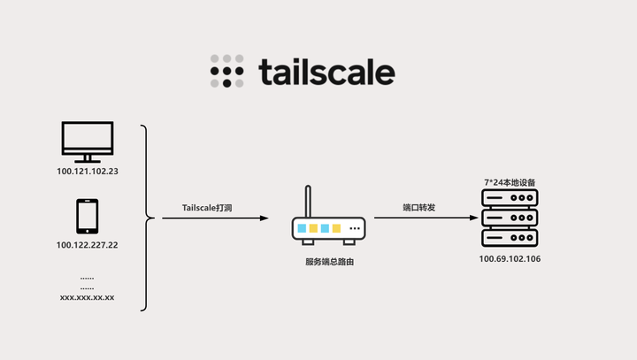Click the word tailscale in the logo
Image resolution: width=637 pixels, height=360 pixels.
click(x=327, y=72)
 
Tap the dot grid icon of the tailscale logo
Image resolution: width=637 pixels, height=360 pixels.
click(x=226, y=72)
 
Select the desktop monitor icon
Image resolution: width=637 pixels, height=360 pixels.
click(x=87, y=140)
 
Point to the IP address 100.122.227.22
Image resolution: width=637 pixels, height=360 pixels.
click(x=88, y=245)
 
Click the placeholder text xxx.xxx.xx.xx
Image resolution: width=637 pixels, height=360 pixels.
click(x=87, y=297)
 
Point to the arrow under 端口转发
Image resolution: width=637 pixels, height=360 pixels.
click(x=418, y=218)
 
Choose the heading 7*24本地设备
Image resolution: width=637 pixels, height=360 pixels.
click(x=510, y=182)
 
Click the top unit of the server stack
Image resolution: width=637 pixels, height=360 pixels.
click(x=510, y=197)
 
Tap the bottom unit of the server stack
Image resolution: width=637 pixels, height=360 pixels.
click(x=510, y=238)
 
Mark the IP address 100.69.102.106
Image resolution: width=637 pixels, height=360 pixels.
click(x=510, y=259)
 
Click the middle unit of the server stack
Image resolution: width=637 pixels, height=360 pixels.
click(x=510, y=218)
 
